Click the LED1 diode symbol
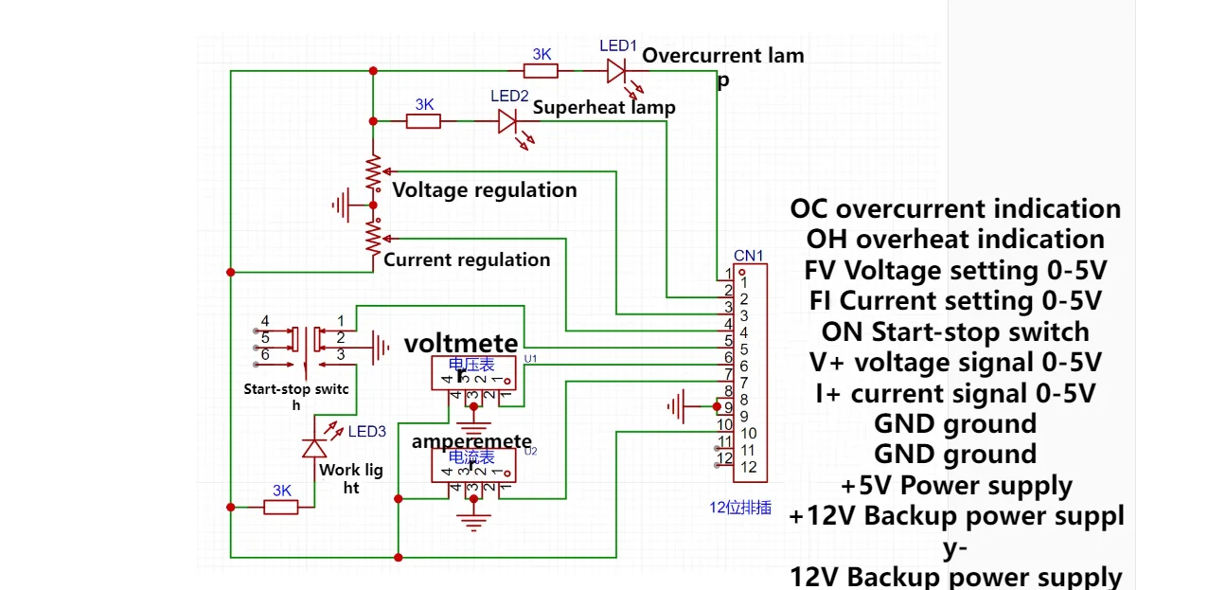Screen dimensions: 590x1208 coord(617,70)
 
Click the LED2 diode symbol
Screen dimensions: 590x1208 coord(508,121)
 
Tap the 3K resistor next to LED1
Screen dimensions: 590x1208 coord(541,70)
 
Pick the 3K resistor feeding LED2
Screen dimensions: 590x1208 coord(423,121)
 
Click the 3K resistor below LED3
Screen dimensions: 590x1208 coord(281,507)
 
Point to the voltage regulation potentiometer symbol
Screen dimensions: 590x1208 coord(374,172)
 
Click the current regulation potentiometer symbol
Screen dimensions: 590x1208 coord(374,235)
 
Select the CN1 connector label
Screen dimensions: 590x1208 coord(749,256)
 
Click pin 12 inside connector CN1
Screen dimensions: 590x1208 coord(748,467)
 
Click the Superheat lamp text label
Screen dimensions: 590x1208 coord(604,107)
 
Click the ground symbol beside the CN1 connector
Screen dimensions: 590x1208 coord(677,407)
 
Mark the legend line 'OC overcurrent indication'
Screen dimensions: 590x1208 coord(955,208)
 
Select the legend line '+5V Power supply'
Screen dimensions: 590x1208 coord(956,486)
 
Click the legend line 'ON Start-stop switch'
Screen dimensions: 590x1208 coord(955,332)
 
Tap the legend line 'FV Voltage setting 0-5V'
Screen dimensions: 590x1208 coord(955,271)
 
